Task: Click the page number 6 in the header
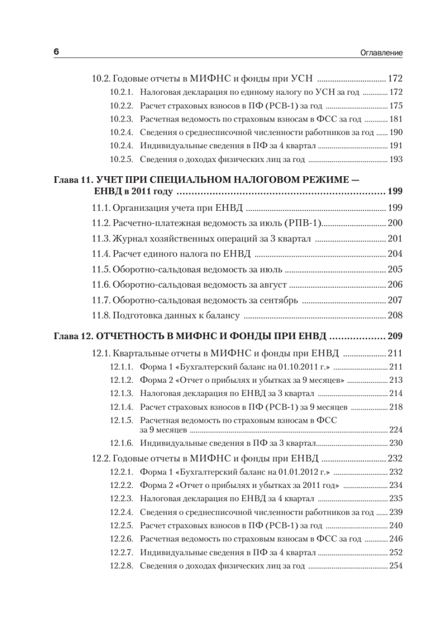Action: [56, 53]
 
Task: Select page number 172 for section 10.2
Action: [395, 79]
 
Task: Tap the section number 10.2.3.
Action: [122, 119]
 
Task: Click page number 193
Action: [395, 159]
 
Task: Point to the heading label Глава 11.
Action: [73, 180]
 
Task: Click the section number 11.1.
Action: [101, 207]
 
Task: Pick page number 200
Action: [395, 223]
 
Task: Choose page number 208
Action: [395, 316]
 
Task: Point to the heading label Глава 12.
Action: [73, 337]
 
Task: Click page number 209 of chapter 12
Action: [394, 337]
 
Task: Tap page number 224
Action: [395, 429]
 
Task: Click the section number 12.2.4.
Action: [122, 512]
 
